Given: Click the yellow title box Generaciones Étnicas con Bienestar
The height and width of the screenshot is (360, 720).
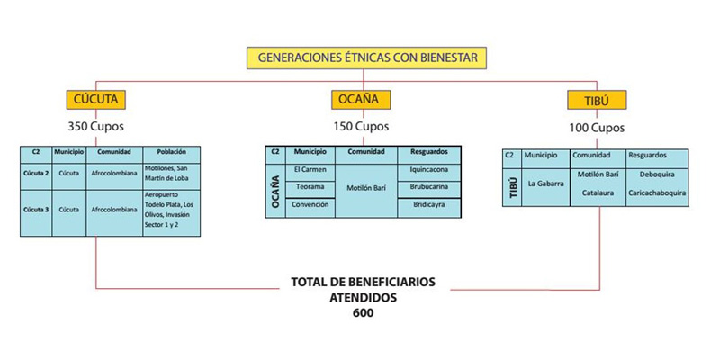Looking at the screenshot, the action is [x=366, y=58].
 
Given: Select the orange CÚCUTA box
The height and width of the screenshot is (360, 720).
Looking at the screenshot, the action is [x=96, y=100].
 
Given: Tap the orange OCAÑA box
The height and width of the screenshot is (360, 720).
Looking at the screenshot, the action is [x=361, y=100].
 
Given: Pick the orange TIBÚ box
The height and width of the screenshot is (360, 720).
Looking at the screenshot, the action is [x=597, y=100].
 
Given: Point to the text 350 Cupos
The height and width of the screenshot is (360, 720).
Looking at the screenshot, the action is [x=96, y=126].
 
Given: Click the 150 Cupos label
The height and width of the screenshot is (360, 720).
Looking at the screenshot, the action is [x=361, y=126].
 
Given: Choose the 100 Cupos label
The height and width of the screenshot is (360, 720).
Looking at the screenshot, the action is [x=597, y=128].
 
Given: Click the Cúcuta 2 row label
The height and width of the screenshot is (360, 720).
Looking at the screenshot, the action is [x=36, y=173].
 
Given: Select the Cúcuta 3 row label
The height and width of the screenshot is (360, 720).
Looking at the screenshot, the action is [x=36, y=210].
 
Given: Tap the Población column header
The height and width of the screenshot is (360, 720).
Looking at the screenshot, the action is [x=171, y=152].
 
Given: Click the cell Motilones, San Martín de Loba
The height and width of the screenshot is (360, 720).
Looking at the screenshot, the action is [x=166, y=173].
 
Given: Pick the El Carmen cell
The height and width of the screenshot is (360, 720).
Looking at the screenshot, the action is [x=310, y=169].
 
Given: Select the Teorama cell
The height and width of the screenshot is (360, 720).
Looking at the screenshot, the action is [x=310, y=187].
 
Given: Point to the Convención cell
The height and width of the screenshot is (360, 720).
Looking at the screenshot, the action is [x=310, y=204].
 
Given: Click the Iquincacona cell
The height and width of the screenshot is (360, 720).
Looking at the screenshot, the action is [x=429, y=169].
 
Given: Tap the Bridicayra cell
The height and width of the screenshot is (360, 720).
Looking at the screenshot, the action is [x=429, y=204].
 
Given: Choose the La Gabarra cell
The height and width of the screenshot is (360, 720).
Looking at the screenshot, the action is [x=545, y=184].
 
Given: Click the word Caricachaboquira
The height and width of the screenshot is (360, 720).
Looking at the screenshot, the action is [x=657, y=193].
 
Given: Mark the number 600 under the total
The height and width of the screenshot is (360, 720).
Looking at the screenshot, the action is [x=364, y=312].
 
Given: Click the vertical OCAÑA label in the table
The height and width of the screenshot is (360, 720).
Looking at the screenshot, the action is [x=275, y=192].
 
